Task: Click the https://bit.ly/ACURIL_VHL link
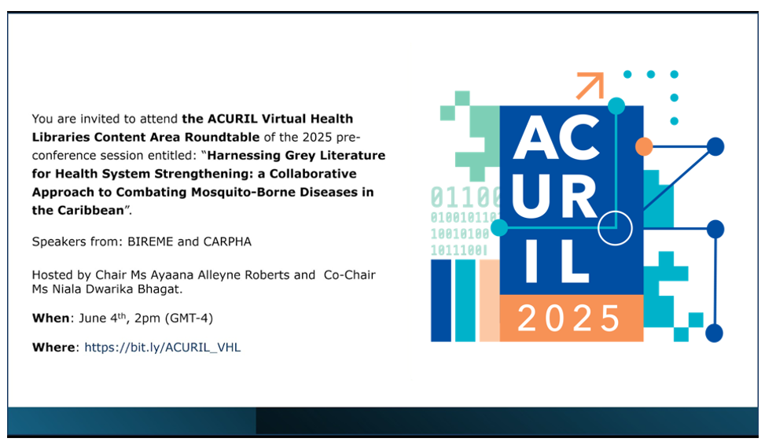[x=163, y=348]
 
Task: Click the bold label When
[x=51, y=318]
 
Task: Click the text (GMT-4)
[x=189, y=319]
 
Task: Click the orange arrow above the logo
[x=590, y=86]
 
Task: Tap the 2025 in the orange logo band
[x=569, y=319]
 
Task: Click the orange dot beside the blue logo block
[x=644, y=146]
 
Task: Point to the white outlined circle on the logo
[x=615, y=212]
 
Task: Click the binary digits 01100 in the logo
[x=465, y=197]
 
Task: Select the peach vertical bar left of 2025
[x=489, y=300]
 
